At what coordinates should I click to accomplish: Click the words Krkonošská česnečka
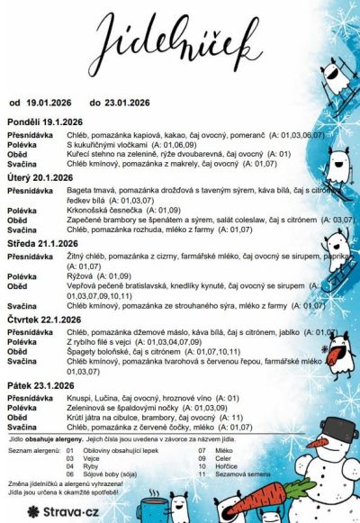coord(101,210)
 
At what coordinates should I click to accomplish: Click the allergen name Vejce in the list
coord(93,457)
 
